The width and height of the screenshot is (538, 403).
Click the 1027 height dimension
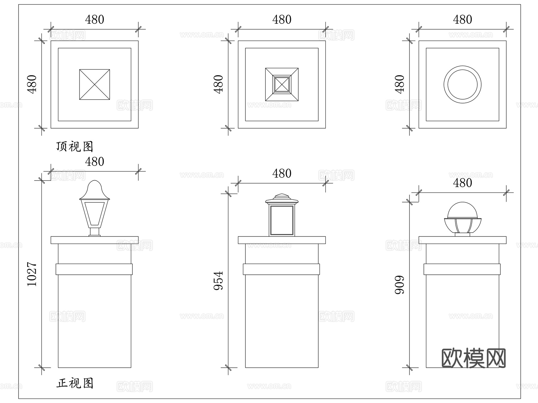[32, 274]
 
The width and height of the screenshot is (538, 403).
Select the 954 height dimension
[218, 280]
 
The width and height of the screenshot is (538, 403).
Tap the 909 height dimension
[400, 285]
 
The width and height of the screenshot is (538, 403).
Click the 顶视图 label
[75, 146]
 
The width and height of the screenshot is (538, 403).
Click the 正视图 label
[75, 383]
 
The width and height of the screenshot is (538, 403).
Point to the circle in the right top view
[462, 85]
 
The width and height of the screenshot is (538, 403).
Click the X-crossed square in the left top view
[94, 85]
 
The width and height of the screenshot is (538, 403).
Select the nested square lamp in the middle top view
[282, 85]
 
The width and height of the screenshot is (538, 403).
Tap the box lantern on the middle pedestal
[282, 217]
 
